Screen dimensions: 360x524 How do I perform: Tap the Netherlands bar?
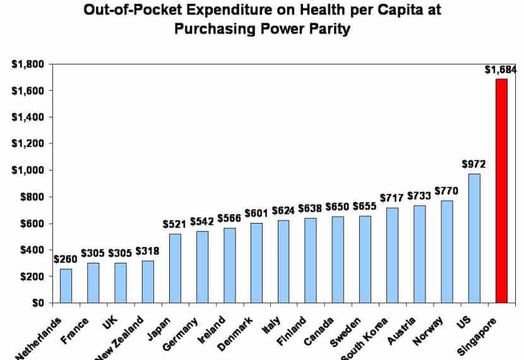point(66,285)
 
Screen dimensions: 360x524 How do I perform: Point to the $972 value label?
point(473,164)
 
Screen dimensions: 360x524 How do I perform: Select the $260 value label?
point(66,259)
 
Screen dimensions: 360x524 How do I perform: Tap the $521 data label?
point(174,224)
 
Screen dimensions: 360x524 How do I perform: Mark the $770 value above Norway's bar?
point(446,191)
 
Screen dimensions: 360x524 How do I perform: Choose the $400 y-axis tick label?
point(32,250)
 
